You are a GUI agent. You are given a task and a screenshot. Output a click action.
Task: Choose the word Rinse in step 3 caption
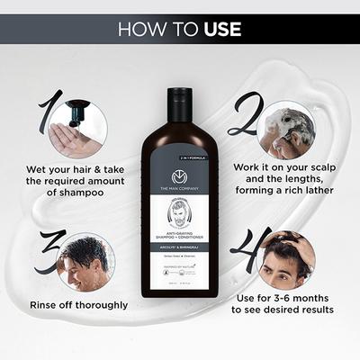coord(46,304)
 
